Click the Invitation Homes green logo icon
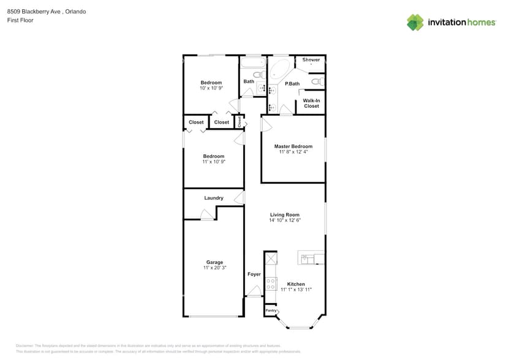click(x=415, y=22)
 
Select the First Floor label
click(x=20, y=20)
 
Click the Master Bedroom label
click(x=293, y=146)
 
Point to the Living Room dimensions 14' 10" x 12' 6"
click(x=285, y=220)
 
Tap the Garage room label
click(x=214, y=262)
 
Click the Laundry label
click(x=214, y=198)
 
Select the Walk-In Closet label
click(x=311, y=103)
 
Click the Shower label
click(x=311, y=60)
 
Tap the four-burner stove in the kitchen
click(x=271, y=283)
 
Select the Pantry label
click(x=271, y=311)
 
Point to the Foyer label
click(x=254, y=274)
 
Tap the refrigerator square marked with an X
click(x=271, y=258)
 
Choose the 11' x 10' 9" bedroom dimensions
click(x=214, y=162)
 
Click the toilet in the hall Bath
click(x=258, y=75)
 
